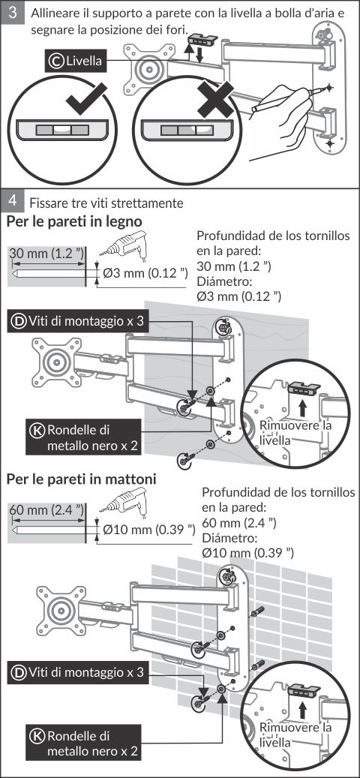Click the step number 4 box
(14, 202)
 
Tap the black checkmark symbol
(86, 99)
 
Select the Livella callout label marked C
(74, 61)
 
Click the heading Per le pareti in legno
(74, 221)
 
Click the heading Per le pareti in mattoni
(81, 480)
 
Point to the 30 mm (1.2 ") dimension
(46, 254)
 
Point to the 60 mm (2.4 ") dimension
(46, 510)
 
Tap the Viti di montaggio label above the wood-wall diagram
(79, 321)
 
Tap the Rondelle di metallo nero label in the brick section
(84, 743)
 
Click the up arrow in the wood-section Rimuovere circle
(301, 408)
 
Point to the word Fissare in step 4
(45, 203)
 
